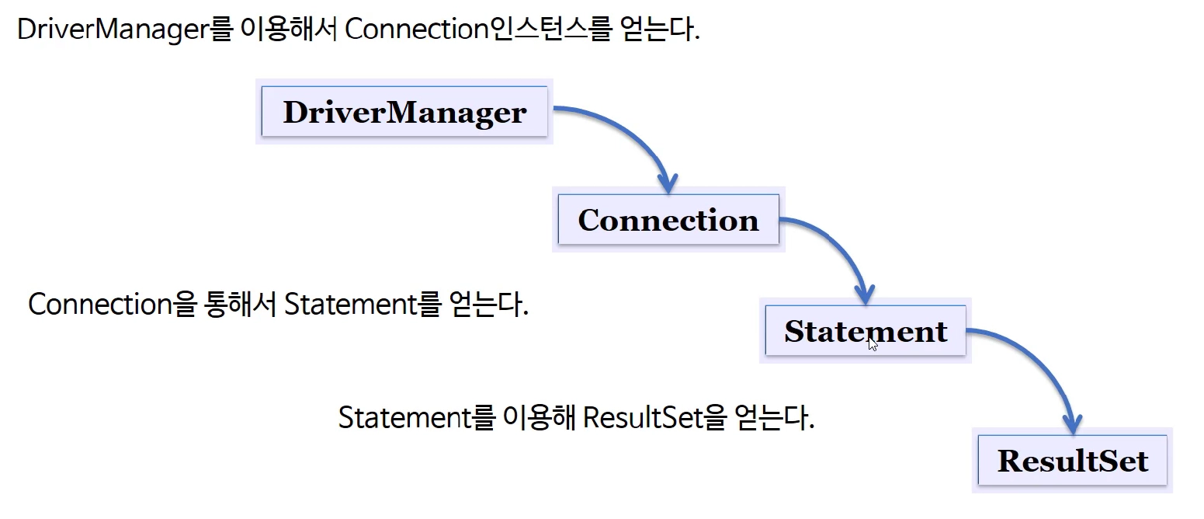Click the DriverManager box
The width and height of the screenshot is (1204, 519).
click(x=404, y=111)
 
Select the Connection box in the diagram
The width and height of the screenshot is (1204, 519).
click(x=668, y=219)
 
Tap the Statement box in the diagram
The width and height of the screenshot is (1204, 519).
click(x=866, y=330)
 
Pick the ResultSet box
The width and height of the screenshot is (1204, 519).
click(x=1072, y=461)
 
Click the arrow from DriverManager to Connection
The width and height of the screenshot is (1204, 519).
click(x=632, y=134)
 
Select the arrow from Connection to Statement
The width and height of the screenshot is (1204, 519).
click(x=838, y=247)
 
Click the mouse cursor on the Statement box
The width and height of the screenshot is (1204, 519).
click(x=873, y=343)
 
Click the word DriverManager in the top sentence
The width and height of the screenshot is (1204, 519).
click(x=113, y=29)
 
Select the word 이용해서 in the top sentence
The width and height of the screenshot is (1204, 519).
click(x=289, y=29)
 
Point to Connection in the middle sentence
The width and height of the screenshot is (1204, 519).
click(x=100, y=305)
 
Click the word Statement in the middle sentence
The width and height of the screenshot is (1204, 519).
click(x=350, y=305)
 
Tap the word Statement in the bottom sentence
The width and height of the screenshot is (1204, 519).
click(x=405, y=418)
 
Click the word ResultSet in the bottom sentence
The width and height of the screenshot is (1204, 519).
click(x=643, y=418)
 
